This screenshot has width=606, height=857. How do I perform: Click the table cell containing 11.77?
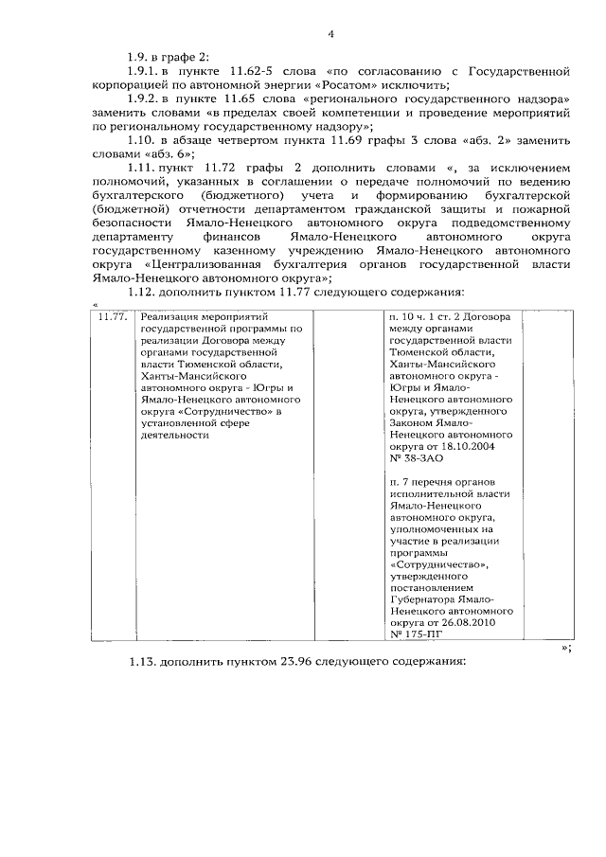tap(114, 316)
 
